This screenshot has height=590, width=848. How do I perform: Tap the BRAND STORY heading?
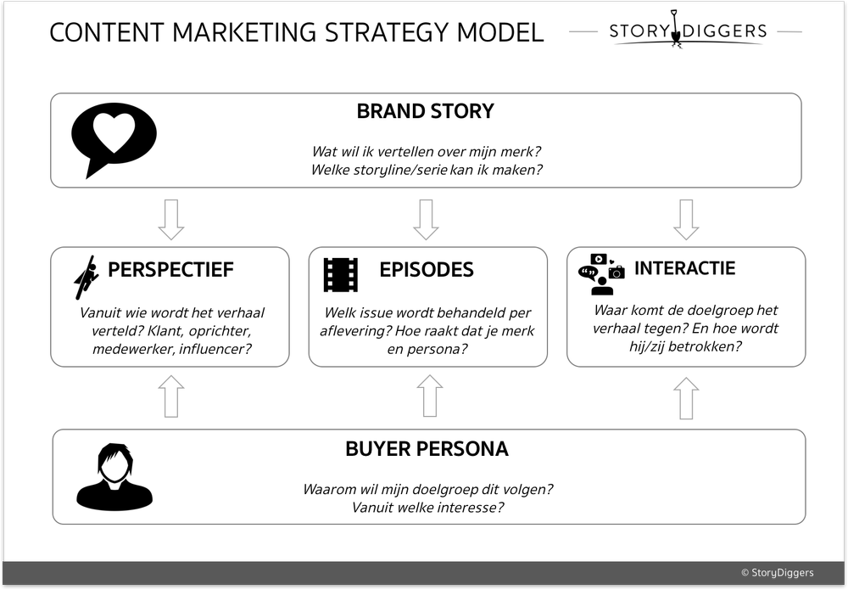click(425, 111)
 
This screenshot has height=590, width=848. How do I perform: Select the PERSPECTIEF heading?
click(170, 270)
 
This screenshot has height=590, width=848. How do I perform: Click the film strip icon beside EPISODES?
click(340, 274)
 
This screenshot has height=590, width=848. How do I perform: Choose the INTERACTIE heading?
click(684, 268)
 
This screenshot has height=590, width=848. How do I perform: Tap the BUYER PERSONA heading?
click(427, 449)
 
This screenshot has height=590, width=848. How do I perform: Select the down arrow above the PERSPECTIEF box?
click(171, 220)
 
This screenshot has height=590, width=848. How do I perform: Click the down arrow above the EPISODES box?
click(426, 220)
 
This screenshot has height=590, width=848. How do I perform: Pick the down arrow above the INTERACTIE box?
click(685, 220)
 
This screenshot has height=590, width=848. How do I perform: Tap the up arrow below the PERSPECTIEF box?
click(171, 396)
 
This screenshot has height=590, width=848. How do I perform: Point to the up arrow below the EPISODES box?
click(430, 396)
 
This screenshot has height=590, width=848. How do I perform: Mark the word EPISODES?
click(427, 270)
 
